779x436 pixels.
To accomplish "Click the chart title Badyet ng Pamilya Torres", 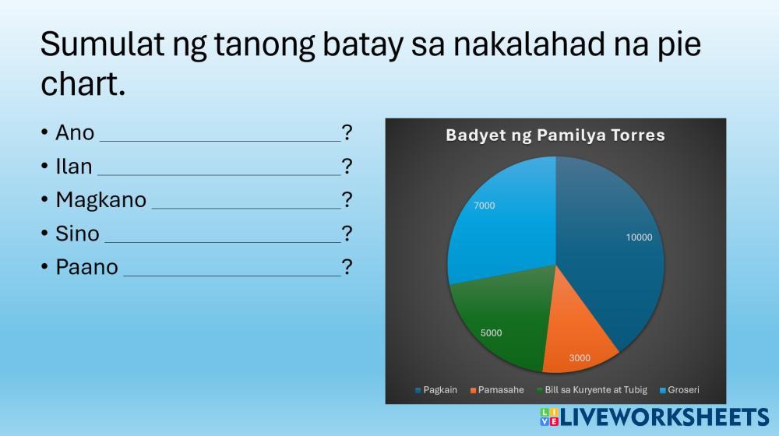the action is tap(555, 135).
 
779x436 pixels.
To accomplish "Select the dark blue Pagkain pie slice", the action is tap(611, 258).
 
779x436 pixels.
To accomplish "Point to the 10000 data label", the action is tap(639, 237).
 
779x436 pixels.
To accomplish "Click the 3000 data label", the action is tap(580, 358).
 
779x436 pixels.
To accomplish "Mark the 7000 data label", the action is tap(484, 206).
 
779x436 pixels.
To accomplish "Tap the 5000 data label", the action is tap(491, 333).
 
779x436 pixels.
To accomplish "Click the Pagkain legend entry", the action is tap(435, 390).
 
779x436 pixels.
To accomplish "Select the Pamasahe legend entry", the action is tap(497, 390).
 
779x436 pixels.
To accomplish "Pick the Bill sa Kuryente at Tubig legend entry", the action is tap(592, 390).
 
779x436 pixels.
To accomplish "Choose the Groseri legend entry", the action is tap(679, 390).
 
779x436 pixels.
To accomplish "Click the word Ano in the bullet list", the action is tap(75, 133).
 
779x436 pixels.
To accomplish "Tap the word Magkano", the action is tap(100, 200).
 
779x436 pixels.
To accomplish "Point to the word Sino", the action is tap(77, 234).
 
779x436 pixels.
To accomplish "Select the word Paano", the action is tap(87, 267).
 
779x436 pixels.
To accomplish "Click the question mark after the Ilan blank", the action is tap(347, 167).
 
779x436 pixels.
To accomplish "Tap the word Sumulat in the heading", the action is tap(102, 44).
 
